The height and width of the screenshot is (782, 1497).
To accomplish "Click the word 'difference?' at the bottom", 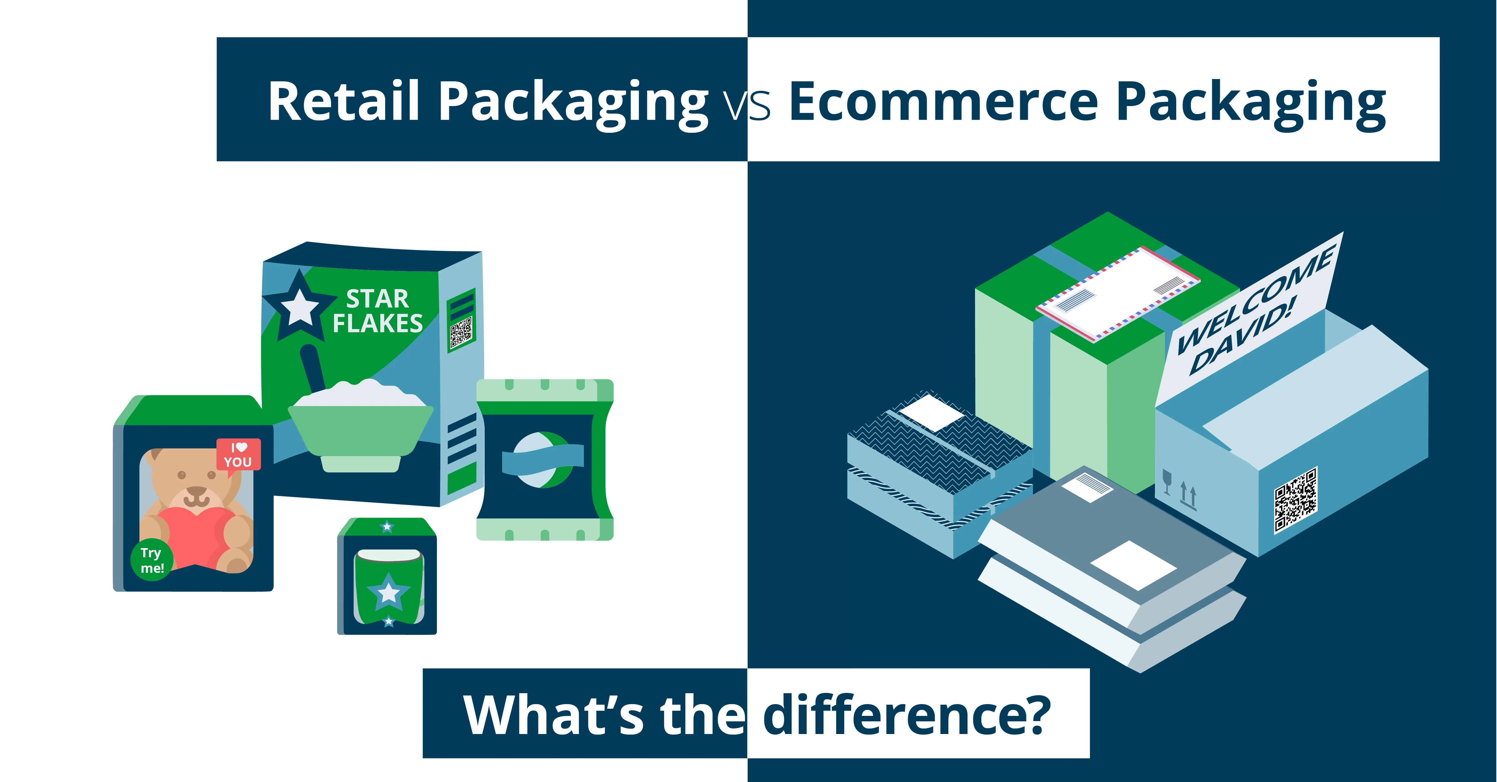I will (x=907, y=715).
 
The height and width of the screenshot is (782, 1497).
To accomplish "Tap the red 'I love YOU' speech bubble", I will (x=238, y=455).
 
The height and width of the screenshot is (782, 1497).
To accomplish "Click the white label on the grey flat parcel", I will (x=1133, y=565).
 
